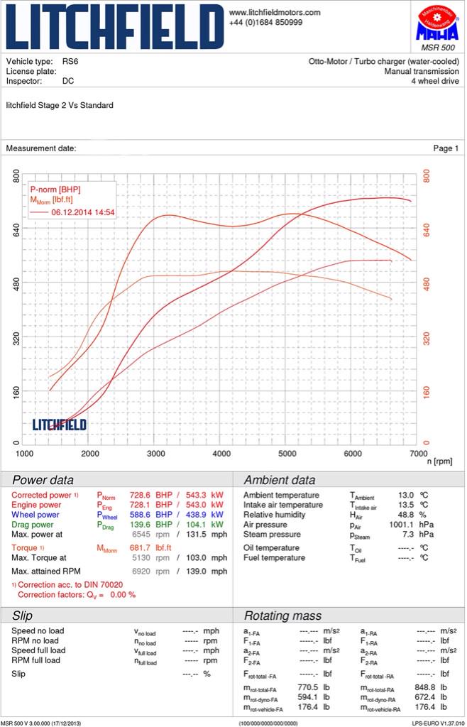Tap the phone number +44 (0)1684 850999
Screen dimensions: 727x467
click(265, 23)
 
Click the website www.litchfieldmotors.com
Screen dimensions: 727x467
click(274, 13)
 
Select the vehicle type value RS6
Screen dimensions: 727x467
click(70, 62)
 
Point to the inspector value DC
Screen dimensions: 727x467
click(68, 81)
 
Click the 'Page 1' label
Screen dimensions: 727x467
click(446, 148)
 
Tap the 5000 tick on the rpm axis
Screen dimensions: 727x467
click(287, 454)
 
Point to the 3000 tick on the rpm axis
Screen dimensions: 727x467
click(156, 454)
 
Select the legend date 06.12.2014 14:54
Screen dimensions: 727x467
click(83, 212)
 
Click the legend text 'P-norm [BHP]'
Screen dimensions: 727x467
click(55, 190)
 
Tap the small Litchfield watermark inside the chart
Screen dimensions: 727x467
click(60, 425)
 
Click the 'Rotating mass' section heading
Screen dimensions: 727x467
click(282, 616)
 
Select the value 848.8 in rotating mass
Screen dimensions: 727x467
click(405, 688)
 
